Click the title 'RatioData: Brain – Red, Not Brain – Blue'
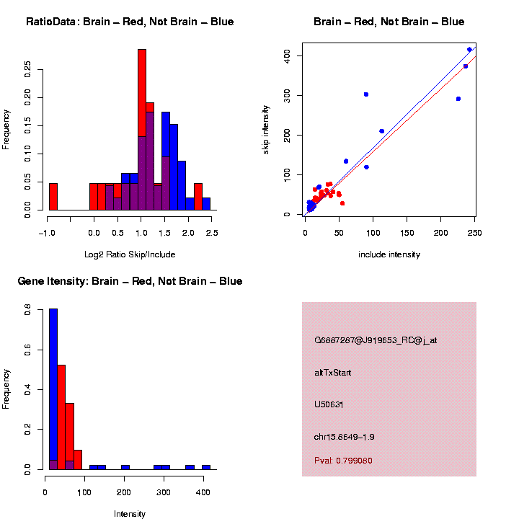click(x=130, y=22)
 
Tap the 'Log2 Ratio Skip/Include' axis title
click(x=130, y=254)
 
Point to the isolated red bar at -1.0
click(x=53, y=196)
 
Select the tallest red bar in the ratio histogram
click(x=142, y=130)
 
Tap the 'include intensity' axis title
click(x=389, y=254)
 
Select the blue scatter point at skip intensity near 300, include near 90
click(x=366, y=94)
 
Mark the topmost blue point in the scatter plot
click(x=469, y=50)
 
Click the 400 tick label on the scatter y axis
click(x=291, y=56)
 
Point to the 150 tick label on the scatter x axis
click(x=407, y=233)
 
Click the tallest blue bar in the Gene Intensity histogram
click(x=53, y=389)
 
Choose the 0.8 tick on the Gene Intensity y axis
click(x=28, y=311)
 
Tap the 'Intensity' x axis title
click(x=130, y=514)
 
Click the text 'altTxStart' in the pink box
click(x=333, y=373)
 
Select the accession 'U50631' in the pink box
click(x=329, y=404)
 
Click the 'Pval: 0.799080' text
click(x=344, y=461)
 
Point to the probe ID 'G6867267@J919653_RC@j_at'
click(x=376, y=340)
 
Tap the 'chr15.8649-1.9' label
click(x=345, y=437)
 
